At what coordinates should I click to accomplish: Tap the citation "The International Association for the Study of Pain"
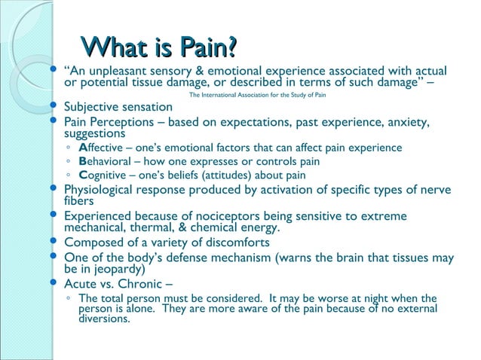(x=257, y=96)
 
